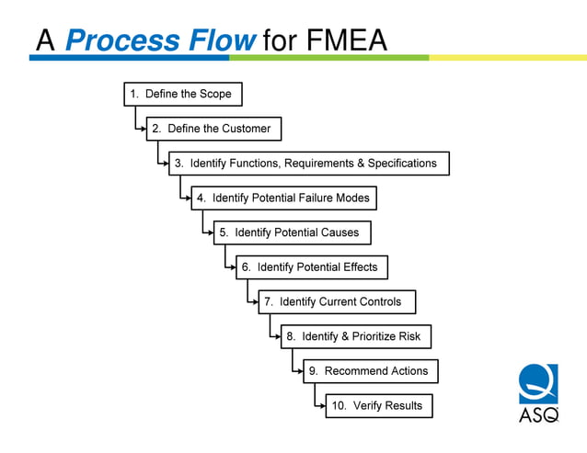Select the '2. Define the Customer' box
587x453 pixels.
tap(213, 129)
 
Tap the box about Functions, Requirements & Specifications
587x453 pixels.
tap(309, 164)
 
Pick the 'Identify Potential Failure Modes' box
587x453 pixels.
tap(284, 198)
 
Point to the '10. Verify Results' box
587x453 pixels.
tap(378, 405)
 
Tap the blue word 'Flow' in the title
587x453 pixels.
tap(222, 40)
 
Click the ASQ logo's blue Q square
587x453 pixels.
tap(537, 383)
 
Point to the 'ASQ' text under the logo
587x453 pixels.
tap(538, 415)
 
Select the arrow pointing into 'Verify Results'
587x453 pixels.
tap(319, 406)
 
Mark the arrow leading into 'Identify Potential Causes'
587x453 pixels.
tap(208, 233)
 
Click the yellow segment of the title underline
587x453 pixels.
tap(506, 58)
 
